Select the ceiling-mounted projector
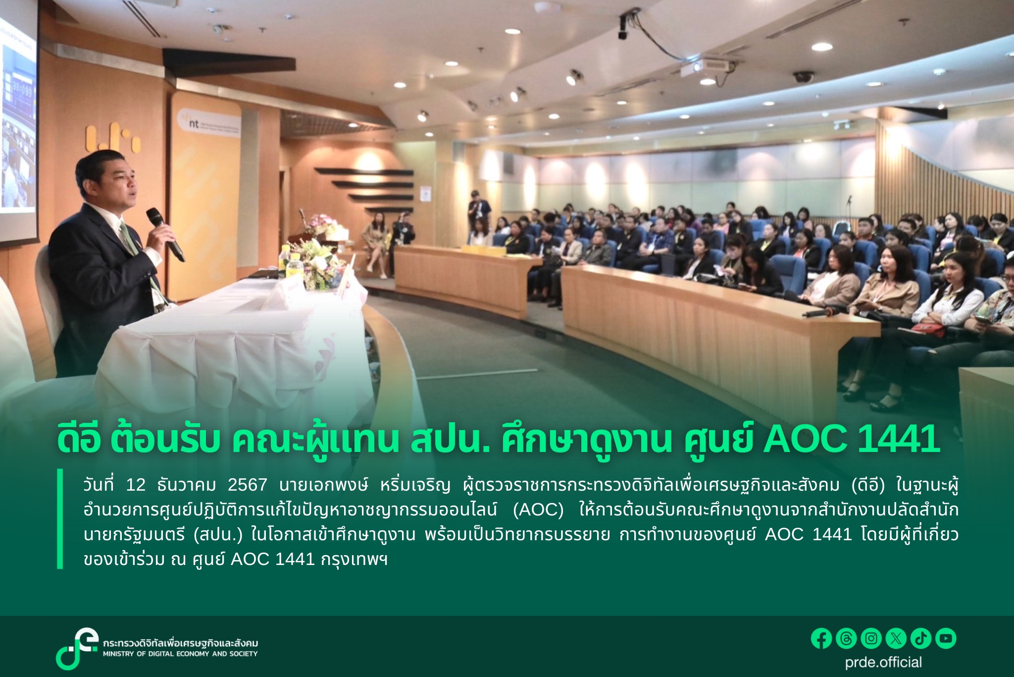click(707, 67)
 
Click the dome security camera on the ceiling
click(804, 77)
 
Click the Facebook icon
click(821, 638)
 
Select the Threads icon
click(846, 638)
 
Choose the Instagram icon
click(871, 638)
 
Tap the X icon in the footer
click(896, 638)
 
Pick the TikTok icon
click(921, 638)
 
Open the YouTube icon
click(946, 638)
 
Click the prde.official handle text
click(883, 663)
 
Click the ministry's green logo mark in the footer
click(77, 648)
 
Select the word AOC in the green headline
click(805, 439)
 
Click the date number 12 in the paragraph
click(135, 485)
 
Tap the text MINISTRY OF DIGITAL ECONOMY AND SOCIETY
click(180, 654)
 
